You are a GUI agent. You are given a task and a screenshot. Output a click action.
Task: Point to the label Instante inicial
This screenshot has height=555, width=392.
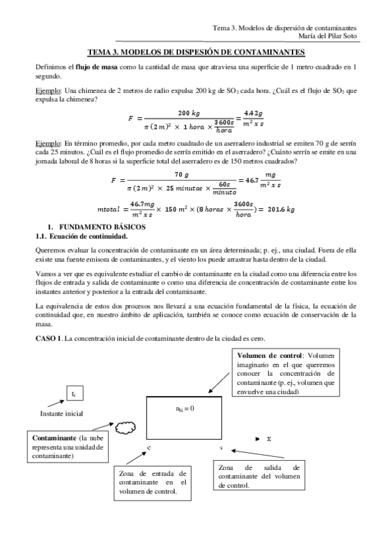click(x=61, y=414)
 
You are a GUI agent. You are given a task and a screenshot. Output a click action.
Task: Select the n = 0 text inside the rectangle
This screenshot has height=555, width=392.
click(x=185, y=408)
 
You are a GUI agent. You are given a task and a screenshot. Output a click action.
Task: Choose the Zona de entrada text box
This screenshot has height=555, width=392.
click(x=152, y=481)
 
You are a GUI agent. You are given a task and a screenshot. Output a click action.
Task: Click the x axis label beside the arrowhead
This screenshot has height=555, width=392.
click(x=269, y=439)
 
